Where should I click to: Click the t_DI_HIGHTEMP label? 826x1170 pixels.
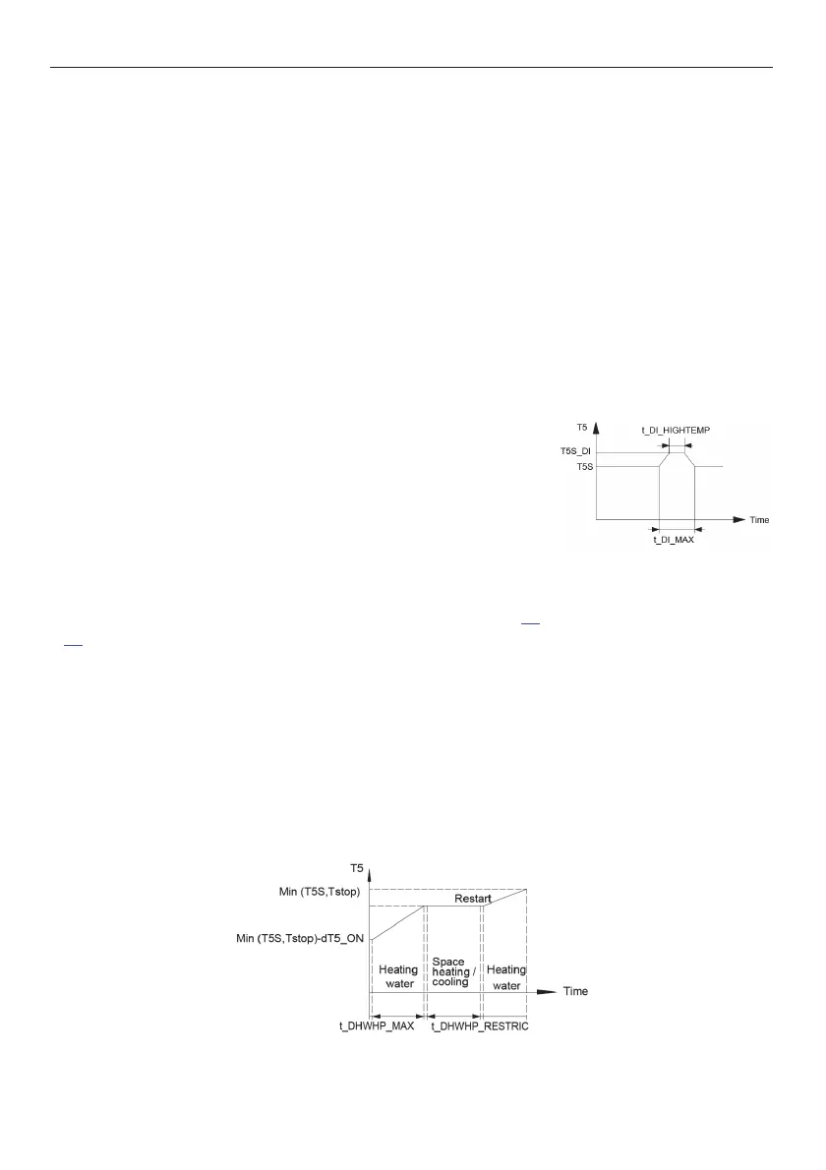[676, 429]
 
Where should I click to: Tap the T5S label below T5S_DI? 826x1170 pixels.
[585, 466]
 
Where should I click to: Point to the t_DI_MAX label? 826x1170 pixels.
[675, 541]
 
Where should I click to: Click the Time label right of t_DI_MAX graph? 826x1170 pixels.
[759, 519]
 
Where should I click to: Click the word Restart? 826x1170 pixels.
[473, 899]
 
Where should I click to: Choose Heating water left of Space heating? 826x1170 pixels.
[398, 976]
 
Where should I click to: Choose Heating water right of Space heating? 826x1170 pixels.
[507, 976]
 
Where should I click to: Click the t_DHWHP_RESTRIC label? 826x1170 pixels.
[480, 1024]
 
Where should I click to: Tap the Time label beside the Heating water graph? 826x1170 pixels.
[575, 991]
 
